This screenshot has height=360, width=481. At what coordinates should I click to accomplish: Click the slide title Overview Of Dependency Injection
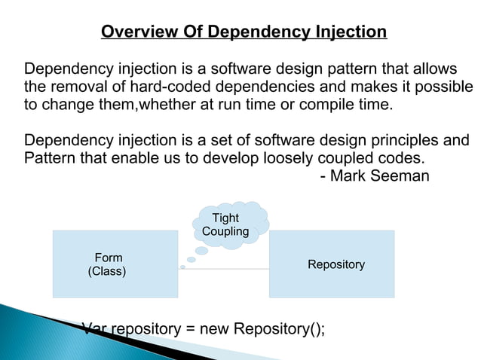pyautogui.click(x=244, y=32)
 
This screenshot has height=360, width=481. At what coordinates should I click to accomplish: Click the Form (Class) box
pyautogui.click(x=115, y=264)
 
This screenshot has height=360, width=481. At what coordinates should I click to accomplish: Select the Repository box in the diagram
pyautogui.click(x=332, y=264)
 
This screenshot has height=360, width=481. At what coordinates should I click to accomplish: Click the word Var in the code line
pyautogui.click(x=93, y=329)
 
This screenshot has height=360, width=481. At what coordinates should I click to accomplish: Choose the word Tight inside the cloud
pyautogui.click(x=225, y=218)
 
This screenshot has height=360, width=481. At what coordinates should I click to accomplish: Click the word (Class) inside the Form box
pyautogui.click(x=108, y=271)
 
